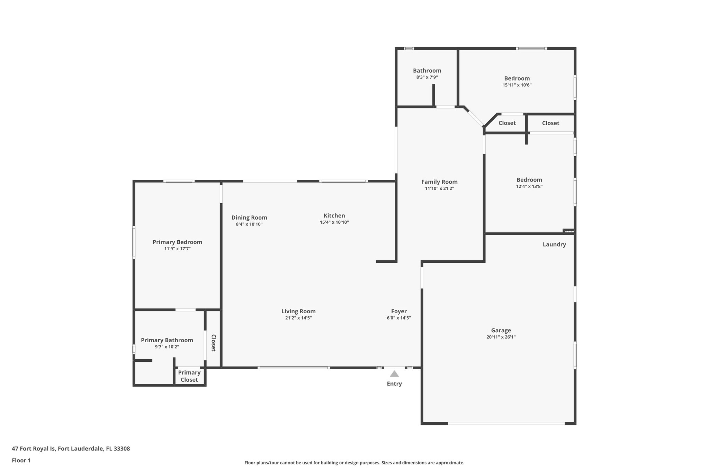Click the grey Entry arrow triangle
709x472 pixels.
394,374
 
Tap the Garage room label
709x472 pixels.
501,330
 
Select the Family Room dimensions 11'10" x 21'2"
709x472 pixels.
439,188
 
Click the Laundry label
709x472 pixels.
554,244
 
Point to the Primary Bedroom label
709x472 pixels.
177,242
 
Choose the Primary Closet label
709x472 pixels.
189,376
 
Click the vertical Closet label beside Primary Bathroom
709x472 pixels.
213,343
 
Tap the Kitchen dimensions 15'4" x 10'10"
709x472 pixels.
334,222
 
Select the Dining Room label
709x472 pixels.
249,218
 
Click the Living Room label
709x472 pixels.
298,311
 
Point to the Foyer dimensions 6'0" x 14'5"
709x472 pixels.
399,318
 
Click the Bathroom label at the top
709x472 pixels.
427,71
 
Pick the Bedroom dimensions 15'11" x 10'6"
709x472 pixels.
517,85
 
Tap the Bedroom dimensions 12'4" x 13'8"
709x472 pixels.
529,186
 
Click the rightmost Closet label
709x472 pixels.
550,123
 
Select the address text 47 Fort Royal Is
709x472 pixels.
34,449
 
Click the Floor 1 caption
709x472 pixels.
21,460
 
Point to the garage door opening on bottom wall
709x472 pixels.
506,423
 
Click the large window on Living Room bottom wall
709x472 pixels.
294,368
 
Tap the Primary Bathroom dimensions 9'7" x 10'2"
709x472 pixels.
167,347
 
